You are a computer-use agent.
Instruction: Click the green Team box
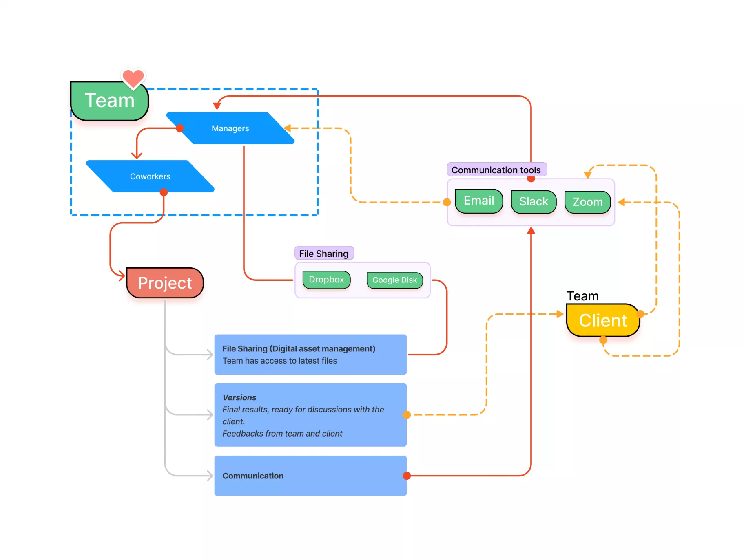point(109,101)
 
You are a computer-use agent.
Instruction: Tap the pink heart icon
point(133,78)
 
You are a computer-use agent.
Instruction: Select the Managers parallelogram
point(230,128)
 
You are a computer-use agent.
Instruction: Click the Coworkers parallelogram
point(150,176)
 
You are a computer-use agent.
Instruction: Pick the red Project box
point(165,283)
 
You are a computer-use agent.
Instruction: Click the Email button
point(478,201)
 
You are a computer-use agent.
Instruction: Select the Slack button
point(533,202)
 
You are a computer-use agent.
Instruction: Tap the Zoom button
point(587,202)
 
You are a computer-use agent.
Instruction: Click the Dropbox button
point(326,280)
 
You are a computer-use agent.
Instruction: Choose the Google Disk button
point(394,280)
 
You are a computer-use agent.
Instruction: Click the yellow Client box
point(602,320)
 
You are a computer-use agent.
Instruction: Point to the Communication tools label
point(496,170)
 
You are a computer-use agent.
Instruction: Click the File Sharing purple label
point(323,254)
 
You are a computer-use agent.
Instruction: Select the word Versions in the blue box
point(239,397)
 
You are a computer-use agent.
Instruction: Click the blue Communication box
point(310,476)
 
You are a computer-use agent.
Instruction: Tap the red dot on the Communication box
point(407,476)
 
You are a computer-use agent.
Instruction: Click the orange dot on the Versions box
point(407,415)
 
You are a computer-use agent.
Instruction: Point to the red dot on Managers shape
point(179,128)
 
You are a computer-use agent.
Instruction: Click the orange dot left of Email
point(447,202)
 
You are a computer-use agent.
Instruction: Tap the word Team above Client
point(582,296)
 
